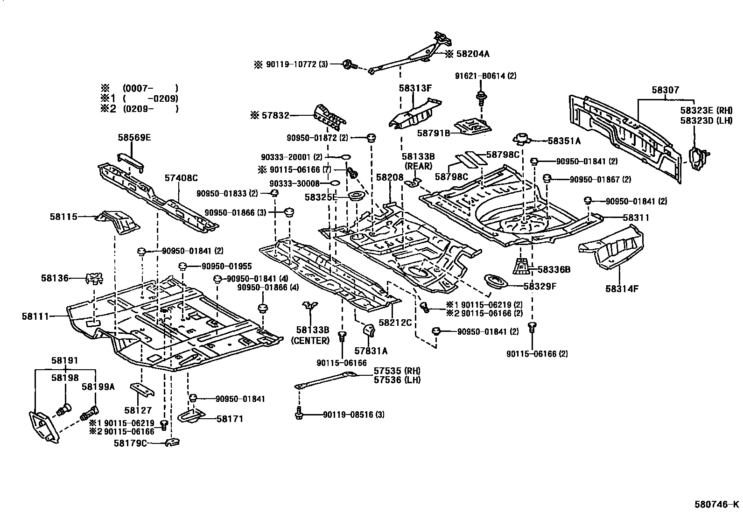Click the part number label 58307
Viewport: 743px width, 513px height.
[x=666, y=91]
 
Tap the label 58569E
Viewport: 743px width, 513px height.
[x=134, y=138]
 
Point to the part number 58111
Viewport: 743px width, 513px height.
[x=35, y=316]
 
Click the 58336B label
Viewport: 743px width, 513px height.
[x=554, y=269]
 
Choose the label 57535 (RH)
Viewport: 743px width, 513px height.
[x=397, y=371]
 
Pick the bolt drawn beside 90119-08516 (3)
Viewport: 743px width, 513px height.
[x=299, y=414]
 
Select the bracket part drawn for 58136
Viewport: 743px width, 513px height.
[x=94, y=279]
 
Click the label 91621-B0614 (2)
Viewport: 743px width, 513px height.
[x=486, y=76]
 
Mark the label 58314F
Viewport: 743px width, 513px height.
[x=622, y=288]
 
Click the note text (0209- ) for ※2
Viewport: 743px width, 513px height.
[x=150, y=109]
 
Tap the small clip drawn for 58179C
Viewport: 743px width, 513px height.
[x=173, y=442]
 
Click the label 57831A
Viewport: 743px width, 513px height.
[x=371, y=350]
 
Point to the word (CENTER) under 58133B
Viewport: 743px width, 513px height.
[x=310, y=340]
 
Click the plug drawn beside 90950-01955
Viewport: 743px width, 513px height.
[x=183, y=267]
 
